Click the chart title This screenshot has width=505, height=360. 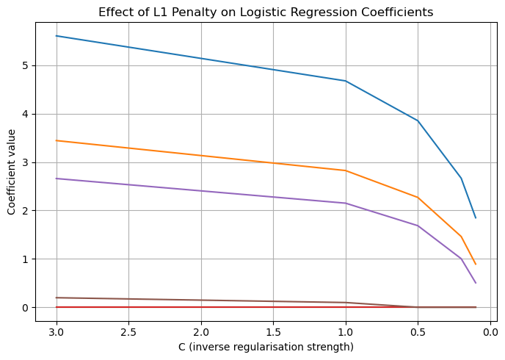266,12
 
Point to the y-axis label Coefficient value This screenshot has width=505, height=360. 11,172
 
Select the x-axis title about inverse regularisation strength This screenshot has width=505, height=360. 266,347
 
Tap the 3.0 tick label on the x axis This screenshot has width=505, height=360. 57,332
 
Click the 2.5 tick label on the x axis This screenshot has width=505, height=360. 129,332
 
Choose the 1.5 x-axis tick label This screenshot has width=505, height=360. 274,332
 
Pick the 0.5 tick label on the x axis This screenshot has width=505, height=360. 418,332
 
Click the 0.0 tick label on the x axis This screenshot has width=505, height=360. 490,332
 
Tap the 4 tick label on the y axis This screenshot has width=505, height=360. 25,114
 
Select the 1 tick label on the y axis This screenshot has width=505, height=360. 25,259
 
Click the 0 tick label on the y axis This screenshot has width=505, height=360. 25,307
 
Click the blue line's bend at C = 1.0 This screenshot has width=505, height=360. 346,81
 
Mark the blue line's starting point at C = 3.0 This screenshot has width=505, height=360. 57,36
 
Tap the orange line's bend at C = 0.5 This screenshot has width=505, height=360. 418,198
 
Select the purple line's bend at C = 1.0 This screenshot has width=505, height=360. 346,203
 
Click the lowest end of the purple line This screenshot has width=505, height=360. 476,283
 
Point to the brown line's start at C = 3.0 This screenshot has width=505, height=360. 57,298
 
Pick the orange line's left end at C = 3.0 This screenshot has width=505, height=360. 57,140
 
